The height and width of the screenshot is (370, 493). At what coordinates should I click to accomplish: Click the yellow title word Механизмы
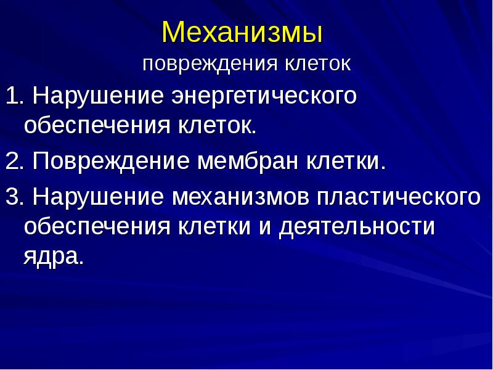coord(242,33)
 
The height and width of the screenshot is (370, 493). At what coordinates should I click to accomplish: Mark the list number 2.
coord(14,162)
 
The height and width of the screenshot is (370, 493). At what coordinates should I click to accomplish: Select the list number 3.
coord(14,197)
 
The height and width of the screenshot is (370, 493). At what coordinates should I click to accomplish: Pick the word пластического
coord(398,198)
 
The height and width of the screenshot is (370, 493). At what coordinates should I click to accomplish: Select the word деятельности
coord(357,228)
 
